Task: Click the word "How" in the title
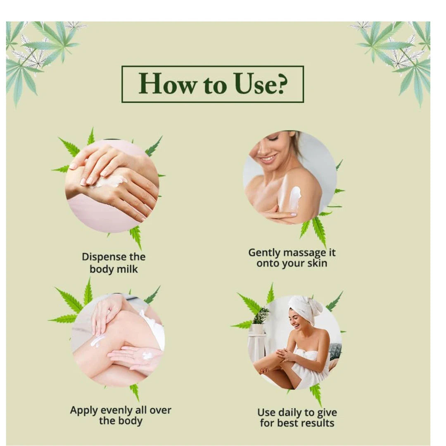click(167, 84)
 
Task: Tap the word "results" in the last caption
click(318, 423)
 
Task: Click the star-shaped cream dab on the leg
click(96, 341)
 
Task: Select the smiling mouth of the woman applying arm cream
click(268, 159)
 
